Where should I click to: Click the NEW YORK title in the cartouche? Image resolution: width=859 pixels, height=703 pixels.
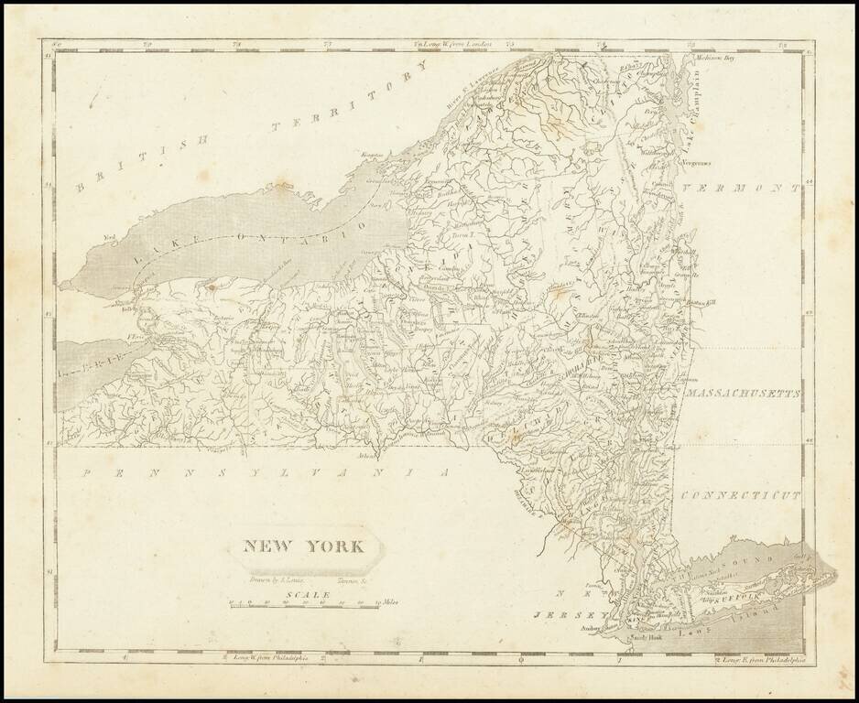[303, 548]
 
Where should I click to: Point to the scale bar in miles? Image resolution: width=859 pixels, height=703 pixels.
[302, 604]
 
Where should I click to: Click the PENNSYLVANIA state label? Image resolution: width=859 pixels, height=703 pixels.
[266, 473]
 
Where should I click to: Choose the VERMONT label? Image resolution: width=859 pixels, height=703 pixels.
[742, 188]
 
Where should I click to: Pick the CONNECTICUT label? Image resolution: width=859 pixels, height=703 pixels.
[742, 494]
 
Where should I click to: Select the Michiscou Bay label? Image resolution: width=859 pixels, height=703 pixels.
[715, 58]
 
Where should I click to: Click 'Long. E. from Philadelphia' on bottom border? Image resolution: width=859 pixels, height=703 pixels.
[760, 657]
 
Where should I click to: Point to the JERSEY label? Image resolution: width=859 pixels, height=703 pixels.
[560, 614]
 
